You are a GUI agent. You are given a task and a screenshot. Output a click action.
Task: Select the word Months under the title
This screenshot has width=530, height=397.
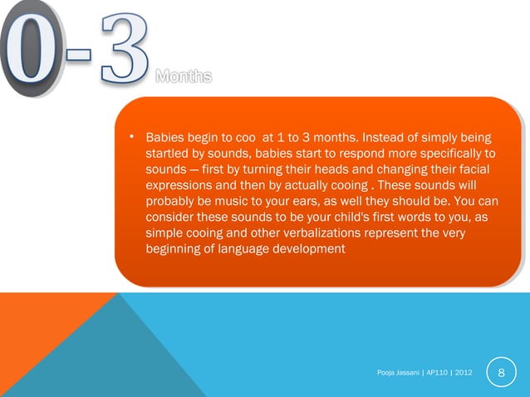pyautogui.click(x=184, y=78)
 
